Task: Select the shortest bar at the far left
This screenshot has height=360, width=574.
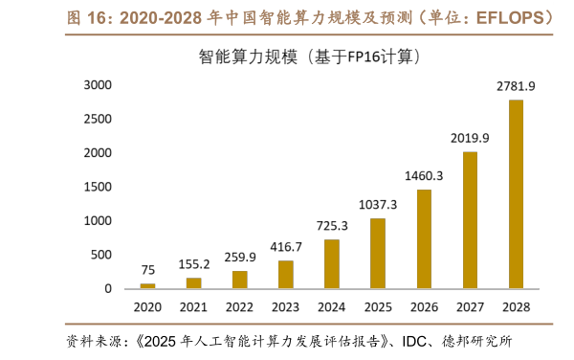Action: pyautogui.click(x=147, y=285)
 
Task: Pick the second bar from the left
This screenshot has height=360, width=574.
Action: pyautogui.click(x=193, y=282)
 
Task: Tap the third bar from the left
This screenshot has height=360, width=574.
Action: pyautogui.click(x=239, y=280)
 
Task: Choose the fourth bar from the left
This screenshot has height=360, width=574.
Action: pyautogui.click(x=285, y=274)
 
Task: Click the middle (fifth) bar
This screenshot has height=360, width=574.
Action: pyautogui.click(x=331, y=263)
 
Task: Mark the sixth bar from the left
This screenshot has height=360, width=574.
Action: pyautogui.click(x=378, y=253)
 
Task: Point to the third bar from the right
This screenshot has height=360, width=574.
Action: pyautogui.click(x=424, y=238)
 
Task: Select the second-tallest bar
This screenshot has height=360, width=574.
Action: pyautogui.click(x=470, y=220)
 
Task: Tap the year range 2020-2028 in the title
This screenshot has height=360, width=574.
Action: pyautogui.click(x=160, y=17)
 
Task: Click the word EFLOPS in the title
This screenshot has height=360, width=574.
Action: pyautogui.click(x=513, y=17)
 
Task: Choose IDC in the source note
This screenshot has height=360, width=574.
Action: pyautogui.click(x=415, y=341)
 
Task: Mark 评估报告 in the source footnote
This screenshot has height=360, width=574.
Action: pyautogui.click(x=348, y=341)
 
